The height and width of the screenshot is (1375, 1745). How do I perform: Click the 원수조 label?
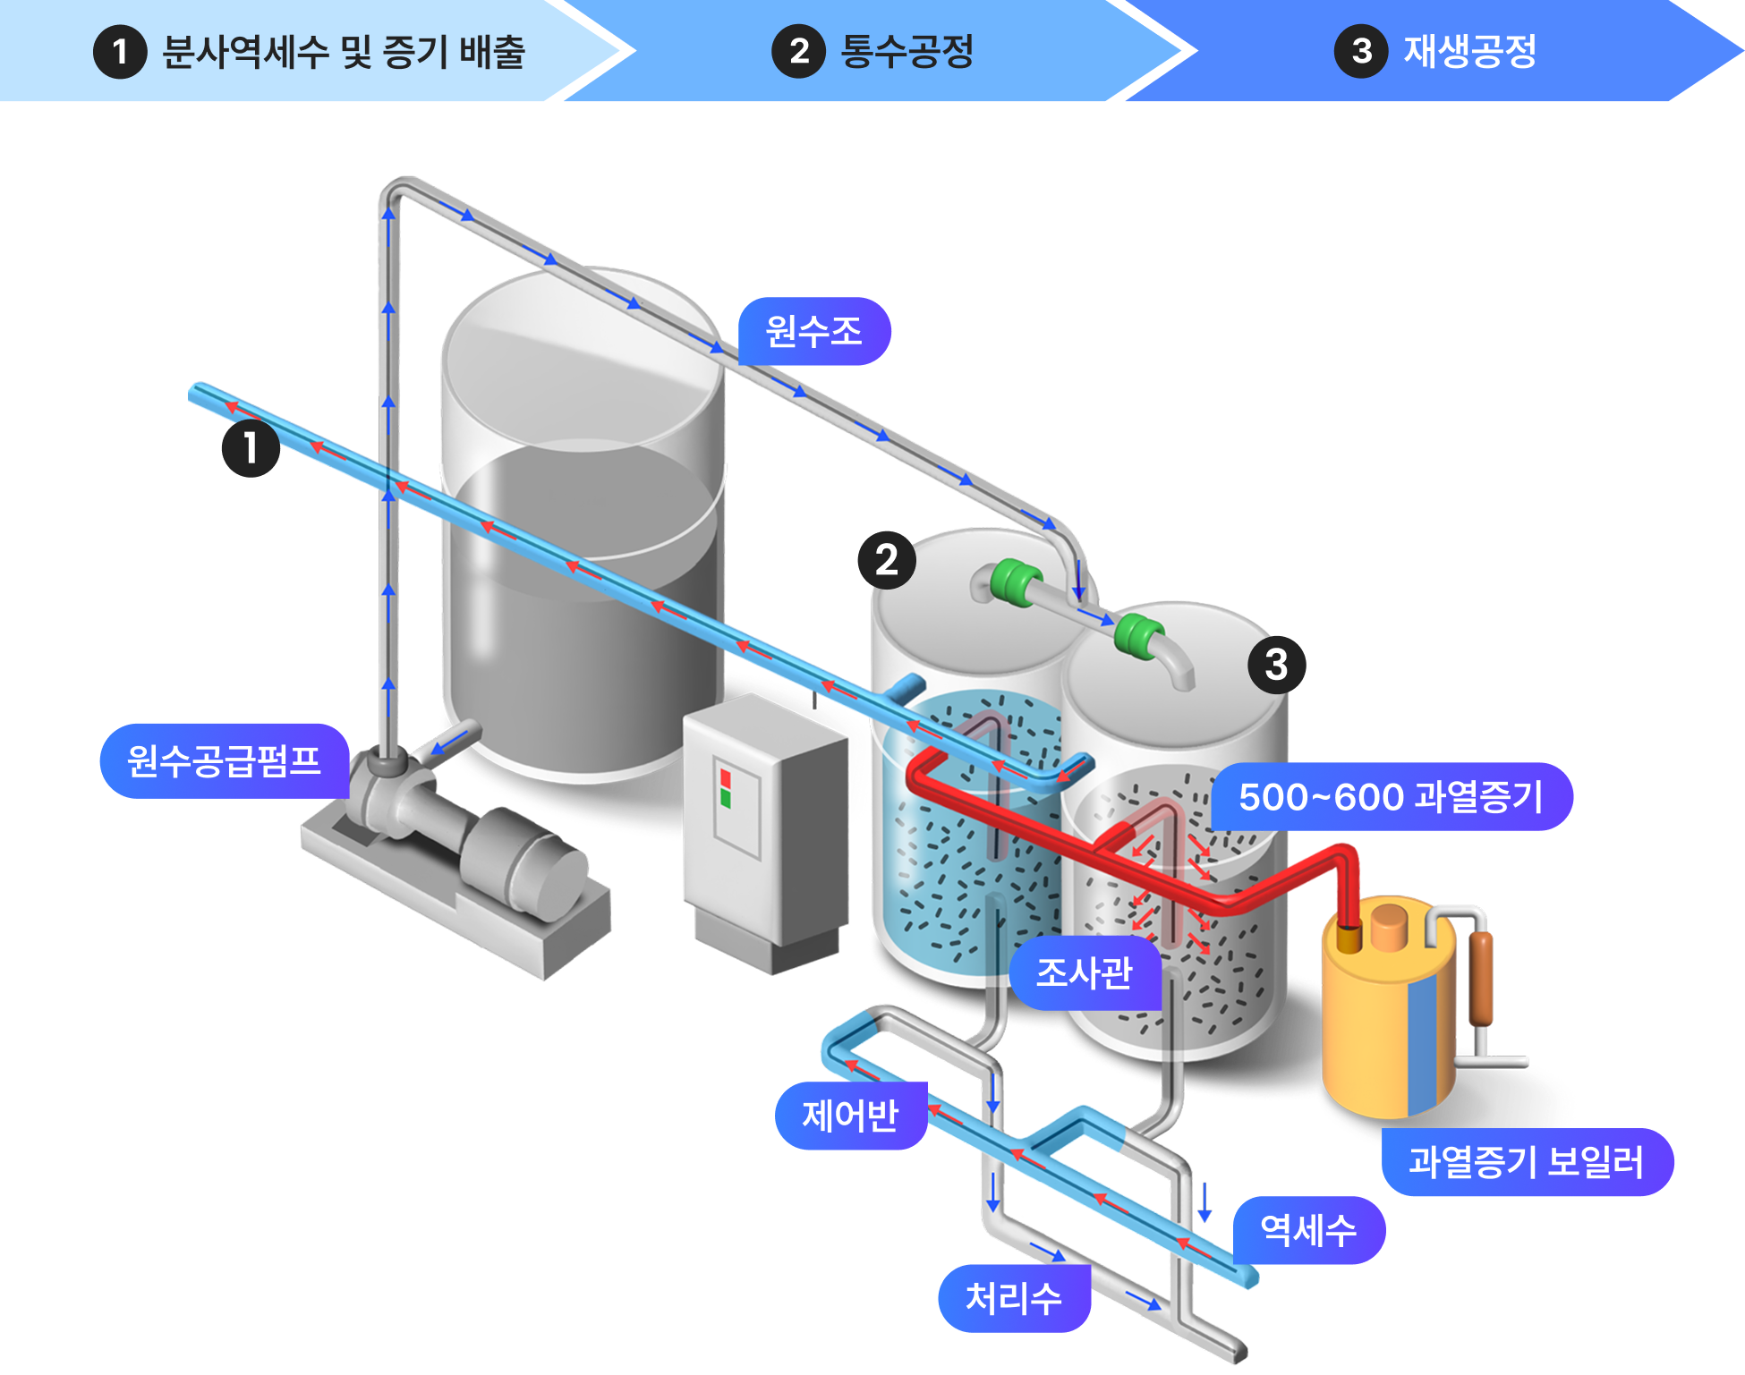[813, 332]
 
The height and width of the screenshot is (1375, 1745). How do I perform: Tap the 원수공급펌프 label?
[224, 761]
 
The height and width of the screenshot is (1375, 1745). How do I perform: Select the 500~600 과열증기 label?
[1391, 797]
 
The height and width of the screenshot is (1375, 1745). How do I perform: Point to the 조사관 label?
[1084, 972]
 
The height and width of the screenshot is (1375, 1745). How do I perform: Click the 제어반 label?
[850, 1116]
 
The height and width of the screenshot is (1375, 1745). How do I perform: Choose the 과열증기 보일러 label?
[1526, 1162]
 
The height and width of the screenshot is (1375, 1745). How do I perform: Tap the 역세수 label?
[1308, 1230]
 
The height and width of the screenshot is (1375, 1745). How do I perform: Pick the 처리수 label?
[1014, 1298]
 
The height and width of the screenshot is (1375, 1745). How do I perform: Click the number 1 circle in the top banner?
[120, 52]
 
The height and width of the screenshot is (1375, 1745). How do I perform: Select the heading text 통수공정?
[907, 51]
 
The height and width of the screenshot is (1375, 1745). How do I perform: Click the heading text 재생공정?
[1469, 51]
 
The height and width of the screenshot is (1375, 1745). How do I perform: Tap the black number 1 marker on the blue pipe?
[251, 447]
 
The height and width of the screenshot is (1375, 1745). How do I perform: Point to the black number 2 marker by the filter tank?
[886, 560]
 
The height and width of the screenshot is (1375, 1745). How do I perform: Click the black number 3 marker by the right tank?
[1276, 664]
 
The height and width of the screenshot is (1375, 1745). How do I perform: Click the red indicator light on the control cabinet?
[725, 778]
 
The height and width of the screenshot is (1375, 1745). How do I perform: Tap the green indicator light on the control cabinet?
[726, 798]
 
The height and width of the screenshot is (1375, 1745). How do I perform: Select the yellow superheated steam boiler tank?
[1383, 1020]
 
